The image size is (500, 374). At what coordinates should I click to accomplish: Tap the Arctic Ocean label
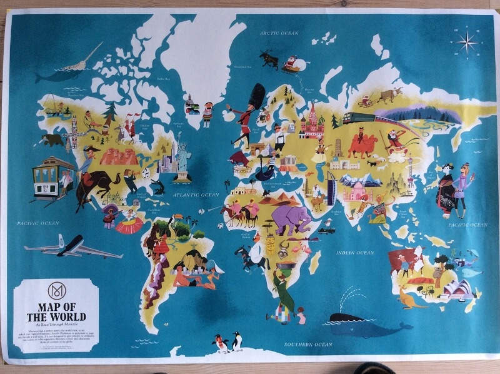point(281,33)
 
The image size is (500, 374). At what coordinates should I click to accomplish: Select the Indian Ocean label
point(355,253)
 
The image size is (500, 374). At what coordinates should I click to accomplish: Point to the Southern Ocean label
point(307,345)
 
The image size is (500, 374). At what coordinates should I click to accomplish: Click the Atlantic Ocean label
point(190,195)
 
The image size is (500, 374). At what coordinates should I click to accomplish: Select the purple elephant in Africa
point(291,219)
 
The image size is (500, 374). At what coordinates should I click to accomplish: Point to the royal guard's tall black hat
point(256,95)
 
